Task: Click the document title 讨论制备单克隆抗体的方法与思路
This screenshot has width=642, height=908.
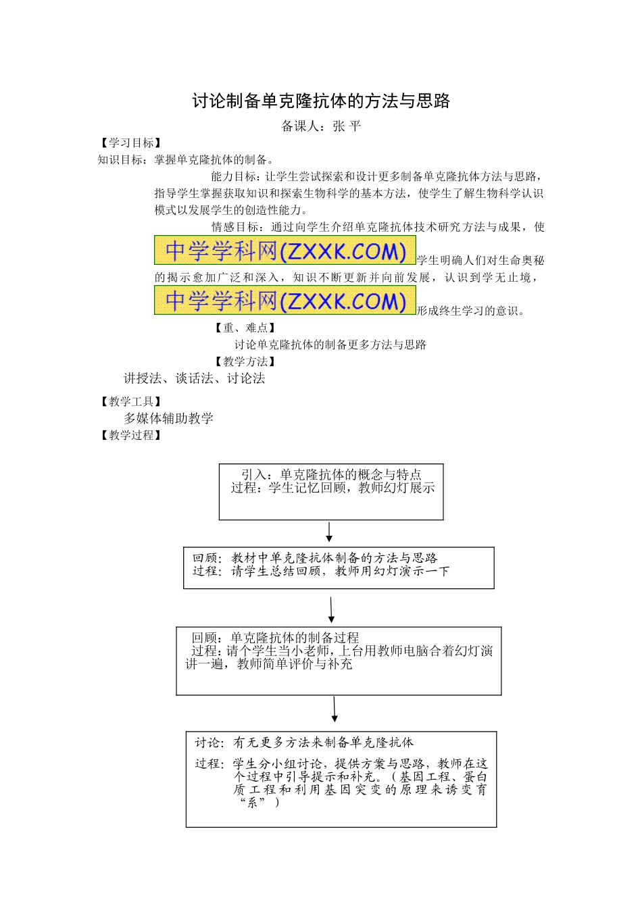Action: (x=321, y=101)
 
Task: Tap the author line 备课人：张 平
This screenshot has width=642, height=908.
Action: (x=321, y=126)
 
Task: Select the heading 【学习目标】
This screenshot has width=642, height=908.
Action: (x=130, y=143)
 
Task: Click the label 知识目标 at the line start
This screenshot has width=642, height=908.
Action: (x=120, y=160)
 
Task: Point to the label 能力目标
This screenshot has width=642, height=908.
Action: (x=234, y=177)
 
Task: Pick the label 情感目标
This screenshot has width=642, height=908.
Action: (x=234, y=227)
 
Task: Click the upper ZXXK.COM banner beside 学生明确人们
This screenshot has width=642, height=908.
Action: (x=285, y=251)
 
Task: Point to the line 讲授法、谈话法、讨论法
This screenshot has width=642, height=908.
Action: (x=194, y=378)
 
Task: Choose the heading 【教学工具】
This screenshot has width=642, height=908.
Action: (x=130, y=402)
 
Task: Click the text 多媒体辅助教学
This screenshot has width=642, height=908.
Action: (x=168, y=418)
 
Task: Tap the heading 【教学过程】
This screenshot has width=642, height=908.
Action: (x=130, y=436)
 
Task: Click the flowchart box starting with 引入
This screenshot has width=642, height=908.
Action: (x=331, y=492)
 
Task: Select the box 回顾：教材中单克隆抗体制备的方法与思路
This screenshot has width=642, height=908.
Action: (x=339, y=567)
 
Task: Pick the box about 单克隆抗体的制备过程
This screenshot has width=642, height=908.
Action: (x=339, y=661)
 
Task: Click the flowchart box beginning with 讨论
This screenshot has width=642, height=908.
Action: (x=341, y=778)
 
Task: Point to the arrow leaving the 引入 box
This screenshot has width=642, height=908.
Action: (x=329, y=532)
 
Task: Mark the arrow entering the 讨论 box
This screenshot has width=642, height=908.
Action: (x=335, y=711)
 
